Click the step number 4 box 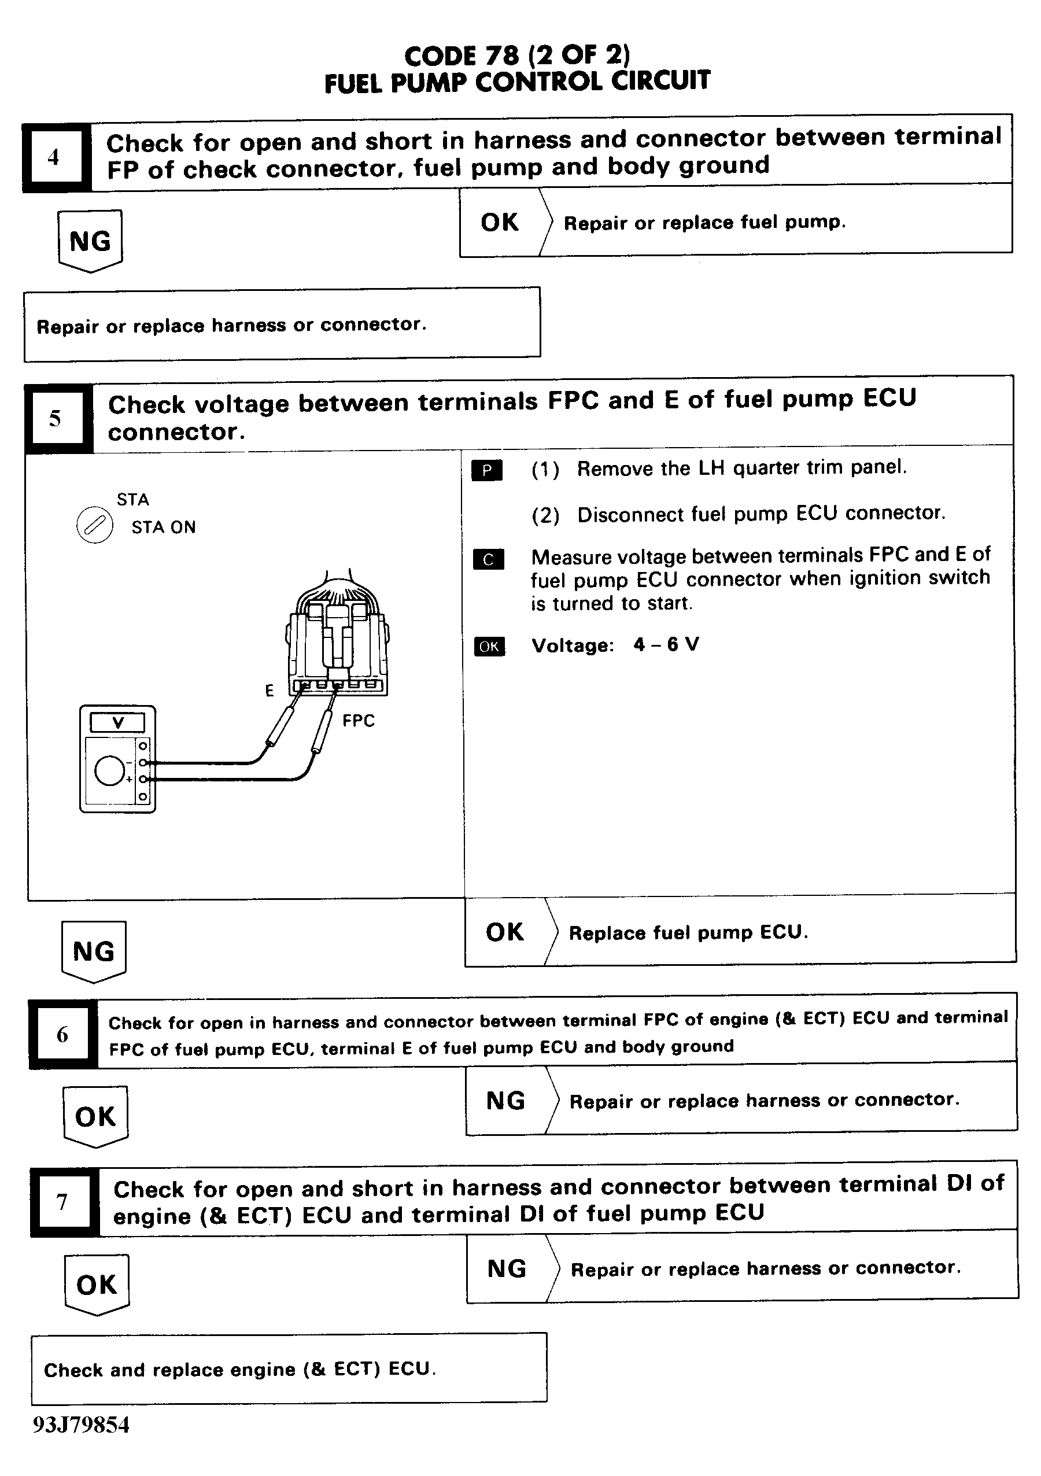pyautogui.click(x=54, y=157)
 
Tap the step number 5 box pyautogui.click(x=56, y=419)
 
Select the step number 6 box pyautogui.click(x=62, y=1034)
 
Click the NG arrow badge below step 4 pyautogui.click(x=90, y=241)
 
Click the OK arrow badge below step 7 pyautogui.click(x=97, y=1285)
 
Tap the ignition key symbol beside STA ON pyautogui.click(x=94, y=525)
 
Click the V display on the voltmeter pyautogui.click(x=117, y=722)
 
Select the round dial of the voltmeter pyautogui.click(x=109, y=771)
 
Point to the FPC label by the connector pyautogui.click(x=358, y=721)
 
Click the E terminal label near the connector pyautogui.click(x=270, y=691)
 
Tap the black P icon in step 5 pyautogui.click(x=487, y=471)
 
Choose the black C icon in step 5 pyautogui.click(x=488, y=559)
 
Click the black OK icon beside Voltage pyautogui.click(x=489, y=646)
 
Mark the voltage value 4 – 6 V pyautogui.click(x=666, y=644)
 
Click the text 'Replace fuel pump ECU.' pyautogui.click(x=688, y=932)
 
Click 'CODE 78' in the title pyautogui.click(x=461, y=57)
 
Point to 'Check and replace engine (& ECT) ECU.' pyautogui.click(x=239, y=1369)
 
